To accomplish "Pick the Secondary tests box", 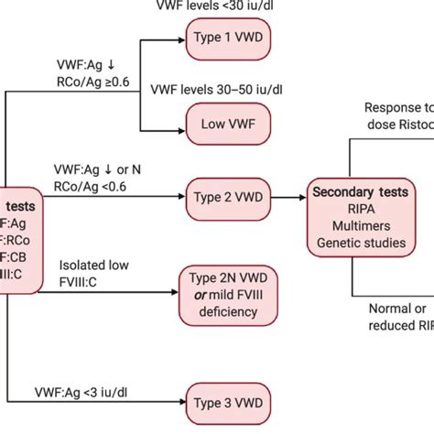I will coord(360,219).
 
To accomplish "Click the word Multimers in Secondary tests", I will coord(360,226).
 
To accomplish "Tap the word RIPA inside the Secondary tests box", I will coord(360,210).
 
